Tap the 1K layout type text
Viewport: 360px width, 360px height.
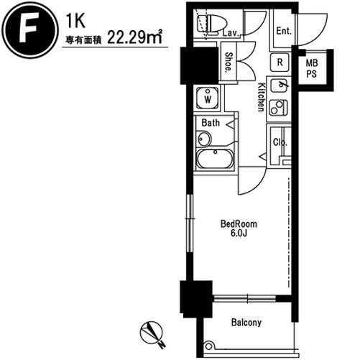pyautogui.click(x=75, y=21)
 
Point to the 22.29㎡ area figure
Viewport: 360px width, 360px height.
pyautogui.click(x=134, y=37)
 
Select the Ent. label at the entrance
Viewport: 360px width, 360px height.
pyautogui.click(x=284, y=31)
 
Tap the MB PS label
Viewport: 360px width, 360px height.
pyautogui.click(x=312, y=69)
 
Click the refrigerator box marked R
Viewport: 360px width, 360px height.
pyautogui.click(x=280, y=63)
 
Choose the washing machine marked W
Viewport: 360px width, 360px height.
pyautogui.click(x=208, y=98)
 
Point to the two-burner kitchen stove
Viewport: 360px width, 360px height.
pyautogui.click(x=278, y=108)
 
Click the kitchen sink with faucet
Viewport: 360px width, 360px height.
pyautogui.click(x=279, y=86)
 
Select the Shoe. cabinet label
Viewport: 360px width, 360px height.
pyautogui.click(x=229, y=63)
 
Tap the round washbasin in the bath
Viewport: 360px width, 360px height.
pyautogui.click(x=204, y=139)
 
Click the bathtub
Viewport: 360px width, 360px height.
pyautogui.click(x=215, y=159)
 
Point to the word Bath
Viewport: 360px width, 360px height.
pyautogui.click(x=211, y=123)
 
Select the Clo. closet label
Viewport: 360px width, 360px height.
pyautogui.click(x=280, y=142)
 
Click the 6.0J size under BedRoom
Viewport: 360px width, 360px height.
pyautogui.click(x=239, y=233)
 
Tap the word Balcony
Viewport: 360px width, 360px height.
pyautogui.click(x=246, y=323)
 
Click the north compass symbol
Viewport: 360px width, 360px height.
pyautogui.click(x=152, y=334)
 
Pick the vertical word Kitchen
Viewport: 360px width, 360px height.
pyautogui.click(x=261, y=97)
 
